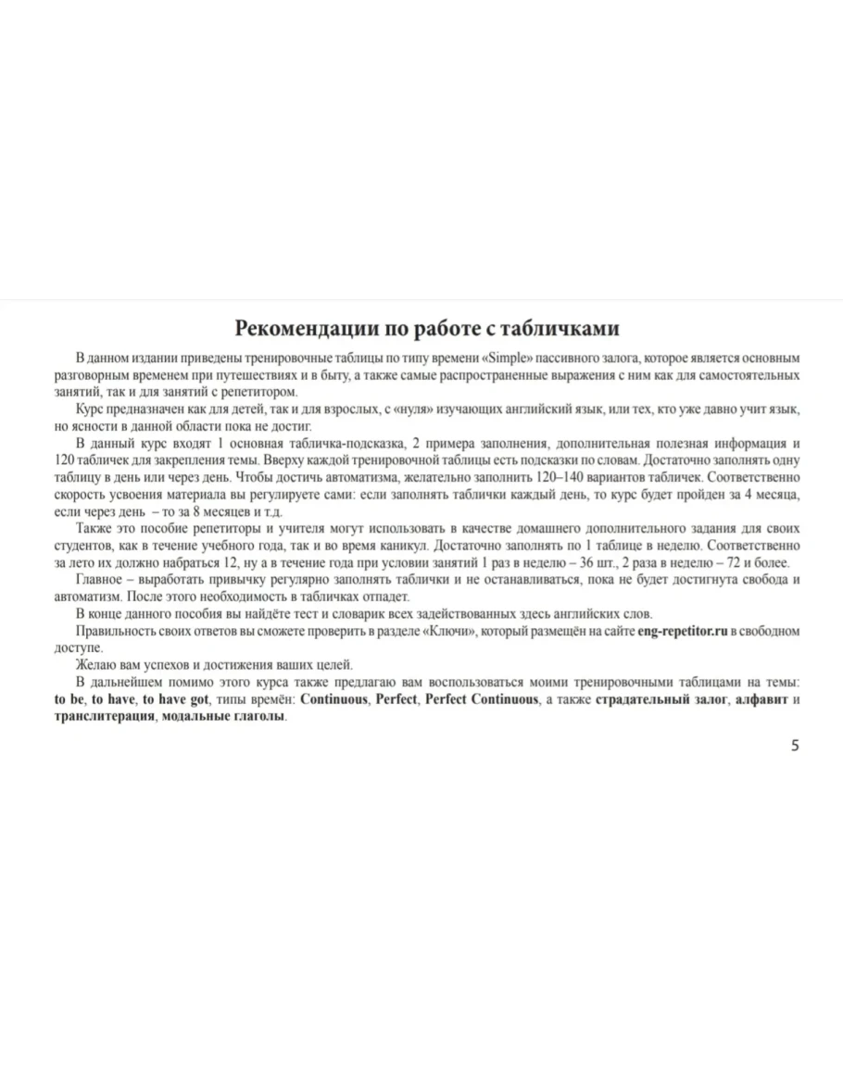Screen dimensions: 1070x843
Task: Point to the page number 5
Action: pos(795,746)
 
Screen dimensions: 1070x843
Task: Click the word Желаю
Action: pos(94,664)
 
